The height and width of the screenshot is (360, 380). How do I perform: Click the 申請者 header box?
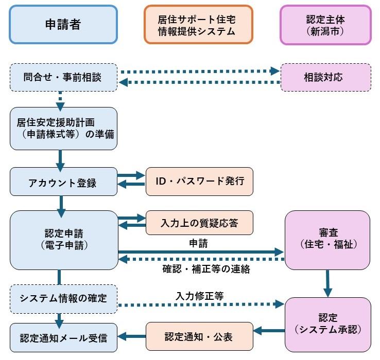(x=62, y=24)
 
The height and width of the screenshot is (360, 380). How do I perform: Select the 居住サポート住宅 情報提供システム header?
(x=199, y=24)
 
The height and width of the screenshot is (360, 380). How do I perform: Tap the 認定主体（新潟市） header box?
(x=325, y=24)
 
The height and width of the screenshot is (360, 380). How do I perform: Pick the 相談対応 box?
(x=325, y=78)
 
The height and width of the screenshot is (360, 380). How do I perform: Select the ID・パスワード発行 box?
(x=200, y=181)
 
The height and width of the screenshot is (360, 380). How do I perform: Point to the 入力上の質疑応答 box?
(x=200, y=222)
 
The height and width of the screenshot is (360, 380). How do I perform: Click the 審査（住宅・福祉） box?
(x=327, y=240)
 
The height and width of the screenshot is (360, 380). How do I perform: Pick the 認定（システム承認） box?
(x=327, y=323)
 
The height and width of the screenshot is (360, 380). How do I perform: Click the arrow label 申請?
(x=199, y=242)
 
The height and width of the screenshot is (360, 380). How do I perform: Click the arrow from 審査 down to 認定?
(x=327, y=283)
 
